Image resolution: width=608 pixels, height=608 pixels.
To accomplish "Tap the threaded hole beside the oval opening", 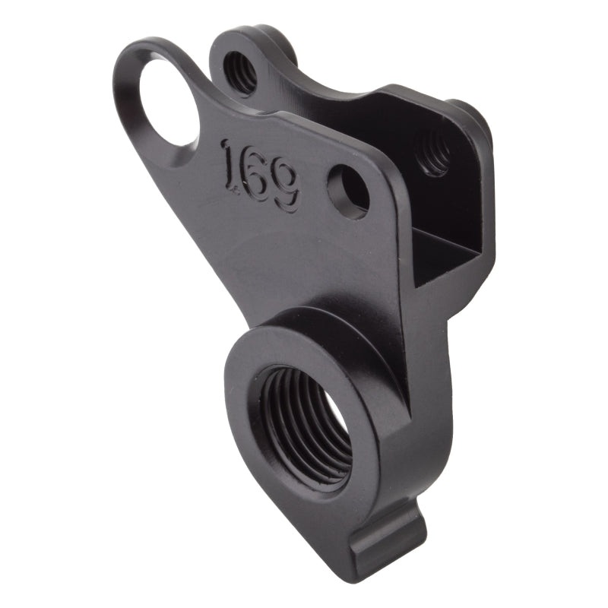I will (242, 72).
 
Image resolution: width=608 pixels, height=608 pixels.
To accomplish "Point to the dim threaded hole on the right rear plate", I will (435, 151).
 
